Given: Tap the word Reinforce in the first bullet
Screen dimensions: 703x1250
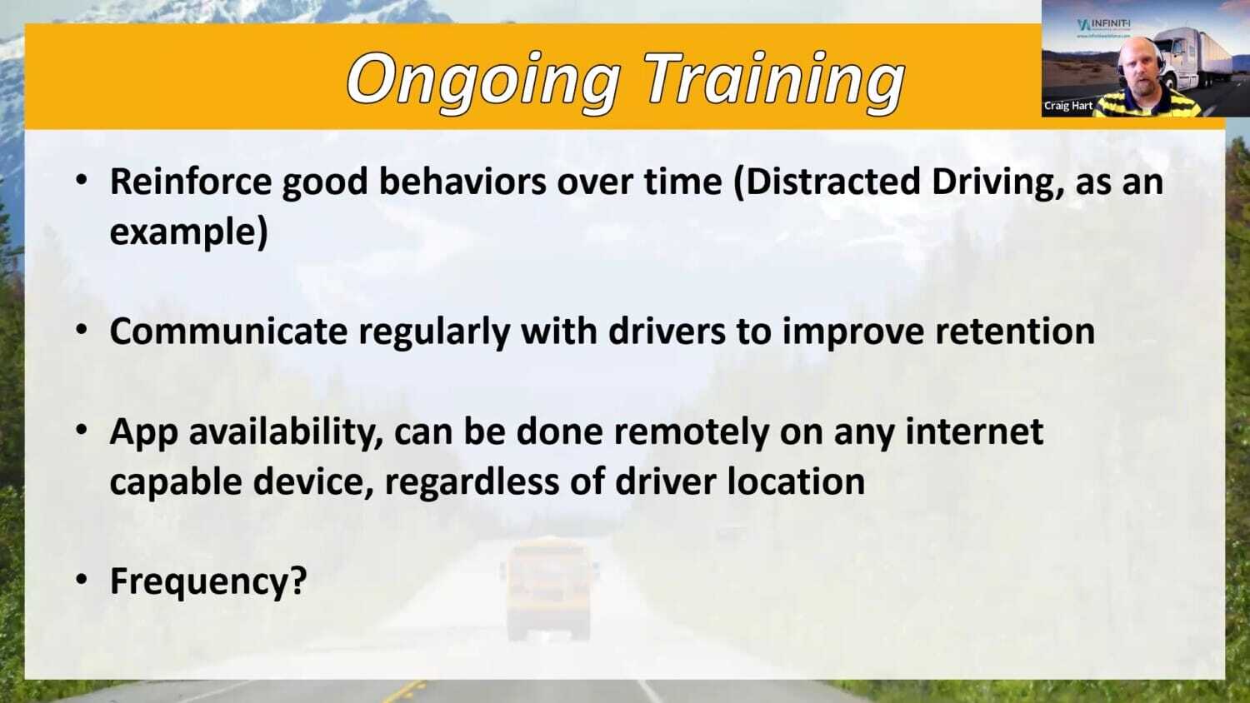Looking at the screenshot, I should pyautogui.click(x=191, y=182).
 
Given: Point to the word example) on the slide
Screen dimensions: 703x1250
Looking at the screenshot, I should pyautogui.click(x=188, y=232).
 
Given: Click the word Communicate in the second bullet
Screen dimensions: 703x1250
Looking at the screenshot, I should pyautogui.click(x=227, y=332).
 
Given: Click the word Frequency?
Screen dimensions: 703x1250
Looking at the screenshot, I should pyautogui.click(x=208, y=581).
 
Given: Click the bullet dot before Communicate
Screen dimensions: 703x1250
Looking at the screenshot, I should pyautogui.click(x=81, y=330).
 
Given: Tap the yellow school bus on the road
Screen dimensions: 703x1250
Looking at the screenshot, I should pyautogui.click(x=547, y=587).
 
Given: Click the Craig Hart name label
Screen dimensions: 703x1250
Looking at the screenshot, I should pyautogui.click(x=1067, y=107).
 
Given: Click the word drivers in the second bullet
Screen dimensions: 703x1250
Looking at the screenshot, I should pyautogui.click(x=667, y=332).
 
